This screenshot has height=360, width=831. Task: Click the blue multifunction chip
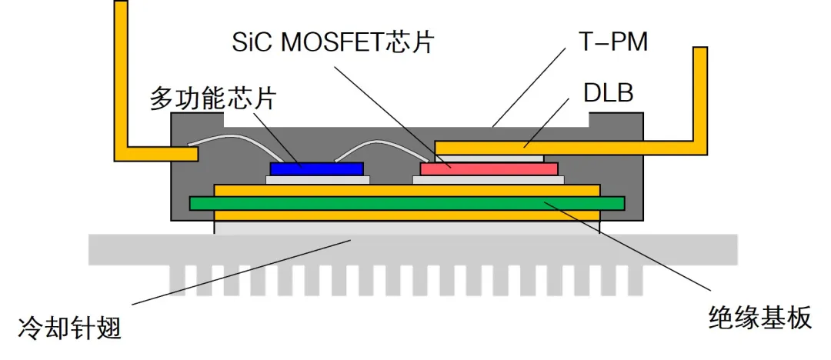click(x=316, y=168)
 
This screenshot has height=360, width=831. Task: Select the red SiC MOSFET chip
click(x=489, y=168)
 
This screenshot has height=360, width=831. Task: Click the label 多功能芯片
click(x=212, y=99)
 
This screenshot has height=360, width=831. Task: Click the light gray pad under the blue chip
click(x=317, y=180)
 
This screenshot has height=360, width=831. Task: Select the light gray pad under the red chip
click(x=489, y=180)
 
